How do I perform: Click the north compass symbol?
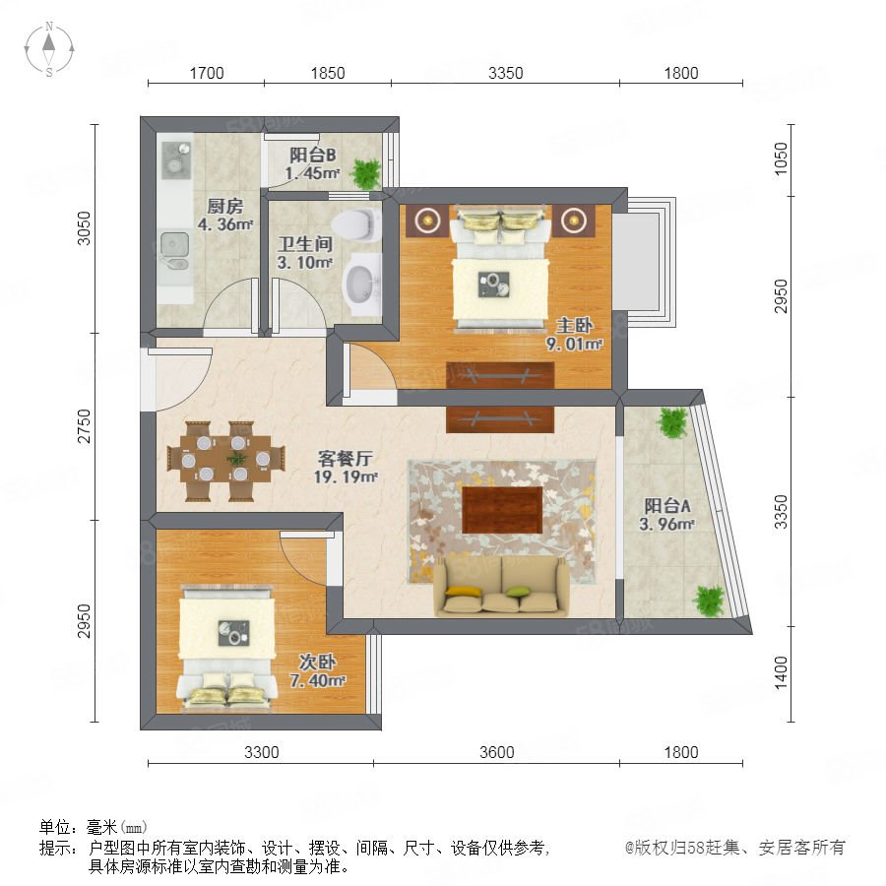tap(49, 48)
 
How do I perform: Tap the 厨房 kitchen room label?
tap(224, 206)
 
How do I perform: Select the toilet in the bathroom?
tap(357, 224)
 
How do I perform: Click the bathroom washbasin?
tap(361, 285)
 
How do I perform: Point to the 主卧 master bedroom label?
tap(574, 325)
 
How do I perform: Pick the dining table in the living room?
tap(226, 461)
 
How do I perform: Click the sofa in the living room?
tap(501, 586)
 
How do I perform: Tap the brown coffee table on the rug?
tap(502, 510)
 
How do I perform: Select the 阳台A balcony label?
tap(667, 505)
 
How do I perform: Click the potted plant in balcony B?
tap(366, 173)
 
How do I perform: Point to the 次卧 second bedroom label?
tap(317, 662)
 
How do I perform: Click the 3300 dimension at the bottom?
tap(262, 752)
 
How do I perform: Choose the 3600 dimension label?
tap(497, 752)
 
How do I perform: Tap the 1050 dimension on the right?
tap(781, 158)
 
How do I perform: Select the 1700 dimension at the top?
tap(207, 73)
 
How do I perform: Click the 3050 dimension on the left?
tap(84, 228)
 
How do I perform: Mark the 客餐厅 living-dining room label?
tap(345, 458)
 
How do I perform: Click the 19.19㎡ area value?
tap(346, 476)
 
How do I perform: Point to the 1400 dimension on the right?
tap(781, 672)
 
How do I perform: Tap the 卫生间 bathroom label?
tap(305, 244)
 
